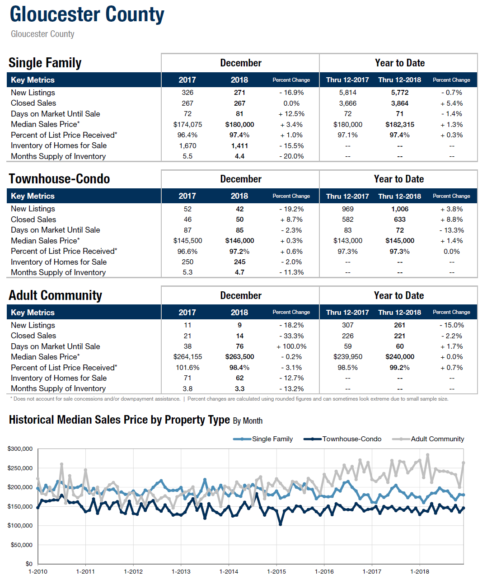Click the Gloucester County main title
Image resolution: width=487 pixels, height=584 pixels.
pyautogui.click(x=87, y=14)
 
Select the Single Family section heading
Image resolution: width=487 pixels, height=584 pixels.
pyautogui.click(x=45, y=63)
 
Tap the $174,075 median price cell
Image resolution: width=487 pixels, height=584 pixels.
pyautogui.click(x=187, y=125)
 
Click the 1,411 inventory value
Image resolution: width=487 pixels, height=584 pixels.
pyautogui.click(x=239, y=146)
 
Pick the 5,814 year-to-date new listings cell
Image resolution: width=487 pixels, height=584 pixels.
pyautogui.click(x=347, y=93)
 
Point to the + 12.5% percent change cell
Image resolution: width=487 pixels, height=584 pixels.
pyautogui.click(x=291, y=114)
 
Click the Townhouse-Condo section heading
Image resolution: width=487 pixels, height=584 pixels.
pyautogui.click(x=59, y=179)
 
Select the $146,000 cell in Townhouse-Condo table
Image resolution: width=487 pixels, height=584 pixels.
pyautogui.click(x=239, y=241)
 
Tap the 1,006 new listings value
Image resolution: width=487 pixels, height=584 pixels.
pyautogui.click(x=400, y=209)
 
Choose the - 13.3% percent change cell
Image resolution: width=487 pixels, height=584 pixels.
pyautogui.click(x=451, y=230)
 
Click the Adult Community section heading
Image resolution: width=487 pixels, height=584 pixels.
pyautogui.click(x=56, y=295)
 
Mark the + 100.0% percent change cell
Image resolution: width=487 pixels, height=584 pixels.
pyautogui.click(x=291, y=346)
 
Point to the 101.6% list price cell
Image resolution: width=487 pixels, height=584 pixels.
pyautogui.click(x=187, y=368)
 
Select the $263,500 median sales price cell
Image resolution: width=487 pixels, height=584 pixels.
pyautogui.click(x=239, y=357)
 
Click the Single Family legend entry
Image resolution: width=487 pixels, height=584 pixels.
pyautogui.click(x=263, y=439)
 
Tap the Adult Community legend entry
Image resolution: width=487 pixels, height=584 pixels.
pyautogui.click(x=428, y=439)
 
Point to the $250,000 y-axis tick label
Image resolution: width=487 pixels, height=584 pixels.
pyautogui.click(x=20, y=468)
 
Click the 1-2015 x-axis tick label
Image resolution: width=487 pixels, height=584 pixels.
pyautogui.click(x=276, y=571)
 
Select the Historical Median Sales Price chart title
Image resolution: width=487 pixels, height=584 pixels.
pyautogui.click(x=136, y=420)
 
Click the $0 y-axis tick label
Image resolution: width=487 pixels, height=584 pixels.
pyautogui.click(x=29, y=564)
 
